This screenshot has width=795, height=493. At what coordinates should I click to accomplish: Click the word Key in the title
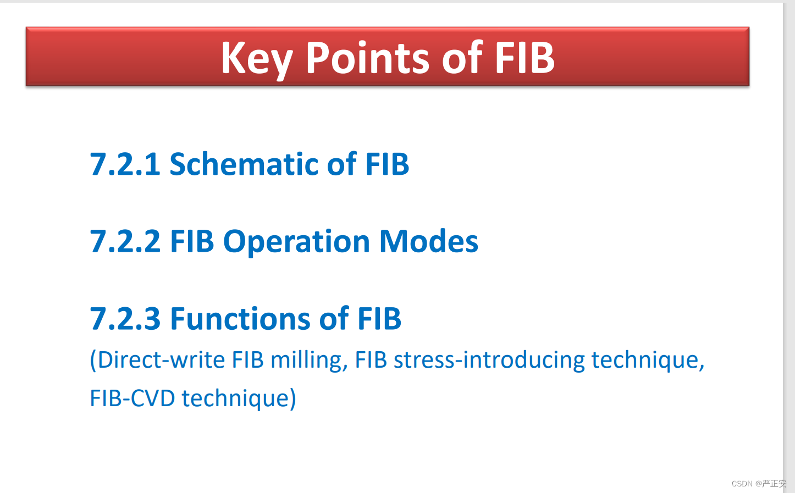257,58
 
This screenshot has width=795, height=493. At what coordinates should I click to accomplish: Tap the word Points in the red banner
368,57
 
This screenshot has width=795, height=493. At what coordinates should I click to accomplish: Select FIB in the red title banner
525,57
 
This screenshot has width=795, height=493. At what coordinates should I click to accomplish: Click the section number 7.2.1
125,164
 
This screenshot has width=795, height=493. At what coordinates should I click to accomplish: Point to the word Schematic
244,163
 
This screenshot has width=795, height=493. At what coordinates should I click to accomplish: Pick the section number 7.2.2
125,241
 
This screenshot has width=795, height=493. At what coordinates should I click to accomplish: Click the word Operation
297,242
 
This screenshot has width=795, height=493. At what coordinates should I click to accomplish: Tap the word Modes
429,241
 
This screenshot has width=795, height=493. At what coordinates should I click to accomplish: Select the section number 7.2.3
125,319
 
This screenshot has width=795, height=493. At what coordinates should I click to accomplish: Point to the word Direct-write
161,359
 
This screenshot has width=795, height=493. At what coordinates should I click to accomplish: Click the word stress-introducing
489,361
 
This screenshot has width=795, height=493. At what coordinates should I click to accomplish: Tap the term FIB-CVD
132,398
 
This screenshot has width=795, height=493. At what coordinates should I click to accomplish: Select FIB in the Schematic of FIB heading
387,164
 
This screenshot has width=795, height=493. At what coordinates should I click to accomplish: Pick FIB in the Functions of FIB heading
379,319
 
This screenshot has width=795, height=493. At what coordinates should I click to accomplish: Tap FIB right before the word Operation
192,241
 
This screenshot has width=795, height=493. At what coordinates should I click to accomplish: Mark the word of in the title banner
462,57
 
